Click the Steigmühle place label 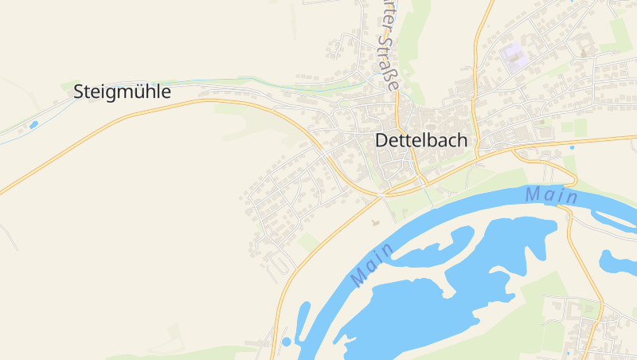pos(122,92)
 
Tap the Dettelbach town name pos(421,141)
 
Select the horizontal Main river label pos(552,194)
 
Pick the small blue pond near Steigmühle pos(33,124)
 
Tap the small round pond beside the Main pos(287,342)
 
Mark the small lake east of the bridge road pos(617,261)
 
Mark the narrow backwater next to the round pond pos(303,319)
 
